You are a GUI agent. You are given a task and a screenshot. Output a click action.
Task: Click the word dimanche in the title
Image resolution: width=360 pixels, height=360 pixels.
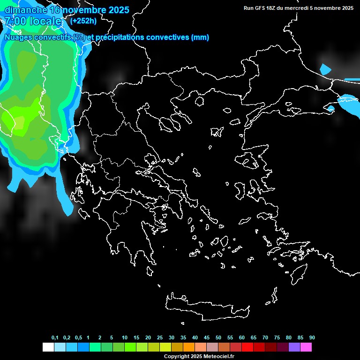point(26,10)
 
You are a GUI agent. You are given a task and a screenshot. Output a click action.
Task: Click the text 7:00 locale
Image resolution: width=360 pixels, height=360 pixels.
point(33,21)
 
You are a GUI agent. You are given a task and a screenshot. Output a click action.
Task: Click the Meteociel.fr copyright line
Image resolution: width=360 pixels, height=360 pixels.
point(199,356)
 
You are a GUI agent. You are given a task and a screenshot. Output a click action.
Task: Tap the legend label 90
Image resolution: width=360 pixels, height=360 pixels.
point(312,337)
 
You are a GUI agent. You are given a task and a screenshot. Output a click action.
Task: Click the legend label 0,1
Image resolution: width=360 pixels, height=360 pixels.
point(55,337)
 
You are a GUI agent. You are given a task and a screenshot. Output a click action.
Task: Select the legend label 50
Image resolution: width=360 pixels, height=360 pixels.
point(218,337)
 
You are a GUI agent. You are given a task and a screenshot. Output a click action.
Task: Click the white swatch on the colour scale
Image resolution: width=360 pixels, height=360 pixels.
point(48,347)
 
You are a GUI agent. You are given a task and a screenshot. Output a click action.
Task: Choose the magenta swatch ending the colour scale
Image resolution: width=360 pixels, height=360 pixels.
point(306,347)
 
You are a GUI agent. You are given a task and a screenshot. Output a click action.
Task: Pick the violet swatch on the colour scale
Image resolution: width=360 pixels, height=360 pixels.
point(294,347)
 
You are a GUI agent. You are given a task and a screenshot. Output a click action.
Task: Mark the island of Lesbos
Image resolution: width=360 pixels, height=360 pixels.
point(249,161)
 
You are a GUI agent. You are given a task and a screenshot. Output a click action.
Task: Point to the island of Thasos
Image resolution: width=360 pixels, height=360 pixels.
point(199,101)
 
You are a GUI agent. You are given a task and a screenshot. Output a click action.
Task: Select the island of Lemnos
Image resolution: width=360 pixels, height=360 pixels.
point(216,131)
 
